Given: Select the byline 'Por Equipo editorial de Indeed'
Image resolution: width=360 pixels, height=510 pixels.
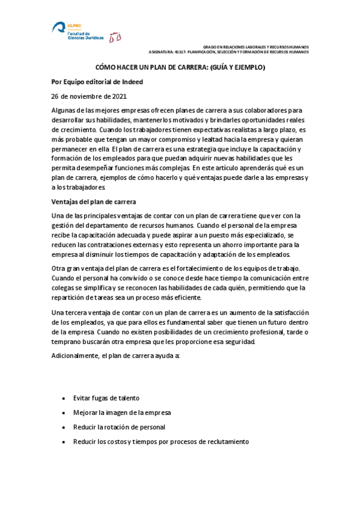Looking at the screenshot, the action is (97, 82).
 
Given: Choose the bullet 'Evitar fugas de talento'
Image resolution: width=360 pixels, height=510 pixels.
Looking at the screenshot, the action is (106, 398).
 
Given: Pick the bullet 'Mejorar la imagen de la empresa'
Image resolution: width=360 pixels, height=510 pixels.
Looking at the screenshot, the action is (121, 413).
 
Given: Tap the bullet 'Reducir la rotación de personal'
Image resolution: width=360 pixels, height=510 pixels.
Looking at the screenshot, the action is (119, 427).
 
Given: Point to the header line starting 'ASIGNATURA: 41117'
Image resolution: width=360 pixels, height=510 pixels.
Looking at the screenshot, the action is (228, 52).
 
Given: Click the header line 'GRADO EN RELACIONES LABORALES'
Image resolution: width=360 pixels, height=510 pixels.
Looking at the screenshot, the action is (255, 46).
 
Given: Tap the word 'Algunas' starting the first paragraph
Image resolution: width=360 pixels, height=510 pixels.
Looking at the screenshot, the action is (63, 110).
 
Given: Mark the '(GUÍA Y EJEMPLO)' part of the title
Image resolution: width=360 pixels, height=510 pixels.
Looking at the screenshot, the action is (231, 68).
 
